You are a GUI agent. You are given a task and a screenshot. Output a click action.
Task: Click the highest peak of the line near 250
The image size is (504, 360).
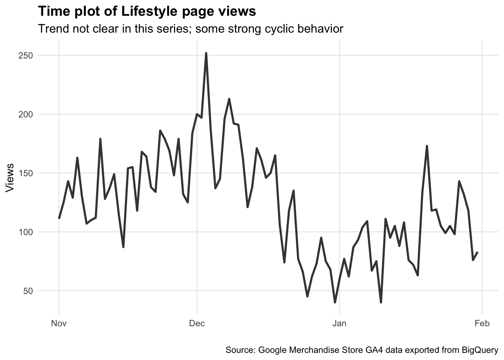pos(206,54)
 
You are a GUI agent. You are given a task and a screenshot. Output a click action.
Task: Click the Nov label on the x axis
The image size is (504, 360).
pos(59,323)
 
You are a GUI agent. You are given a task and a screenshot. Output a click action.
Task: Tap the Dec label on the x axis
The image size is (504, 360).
pos(197,323)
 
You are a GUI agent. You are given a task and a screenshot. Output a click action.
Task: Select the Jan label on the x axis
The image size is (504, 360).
pos(339,323)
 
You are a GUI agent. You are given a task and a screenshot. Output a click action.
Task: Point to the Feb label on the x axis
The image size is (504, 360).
pos(482,323)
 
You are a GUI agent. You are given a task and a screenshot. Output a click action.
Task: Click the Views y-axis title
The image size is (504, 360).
pos(10,178)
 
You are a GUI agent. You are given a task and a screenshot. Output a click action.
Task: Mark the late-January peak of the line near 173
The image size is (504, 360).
pos(427,146)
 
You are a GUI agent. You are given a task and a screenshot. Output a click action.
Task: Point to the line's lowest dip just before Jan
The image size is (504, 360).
pos(335,302)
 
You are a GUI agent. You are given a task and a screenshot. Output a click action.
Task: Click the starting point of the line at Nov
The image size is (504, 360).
pos(59,218)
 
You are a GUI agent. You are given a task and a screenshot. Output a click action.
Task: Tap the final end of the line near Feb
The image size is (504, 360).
pos(477,252)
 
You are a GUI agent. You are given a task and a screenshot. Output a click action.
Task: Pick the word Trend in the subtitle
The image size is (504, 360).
pos(51,29)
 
